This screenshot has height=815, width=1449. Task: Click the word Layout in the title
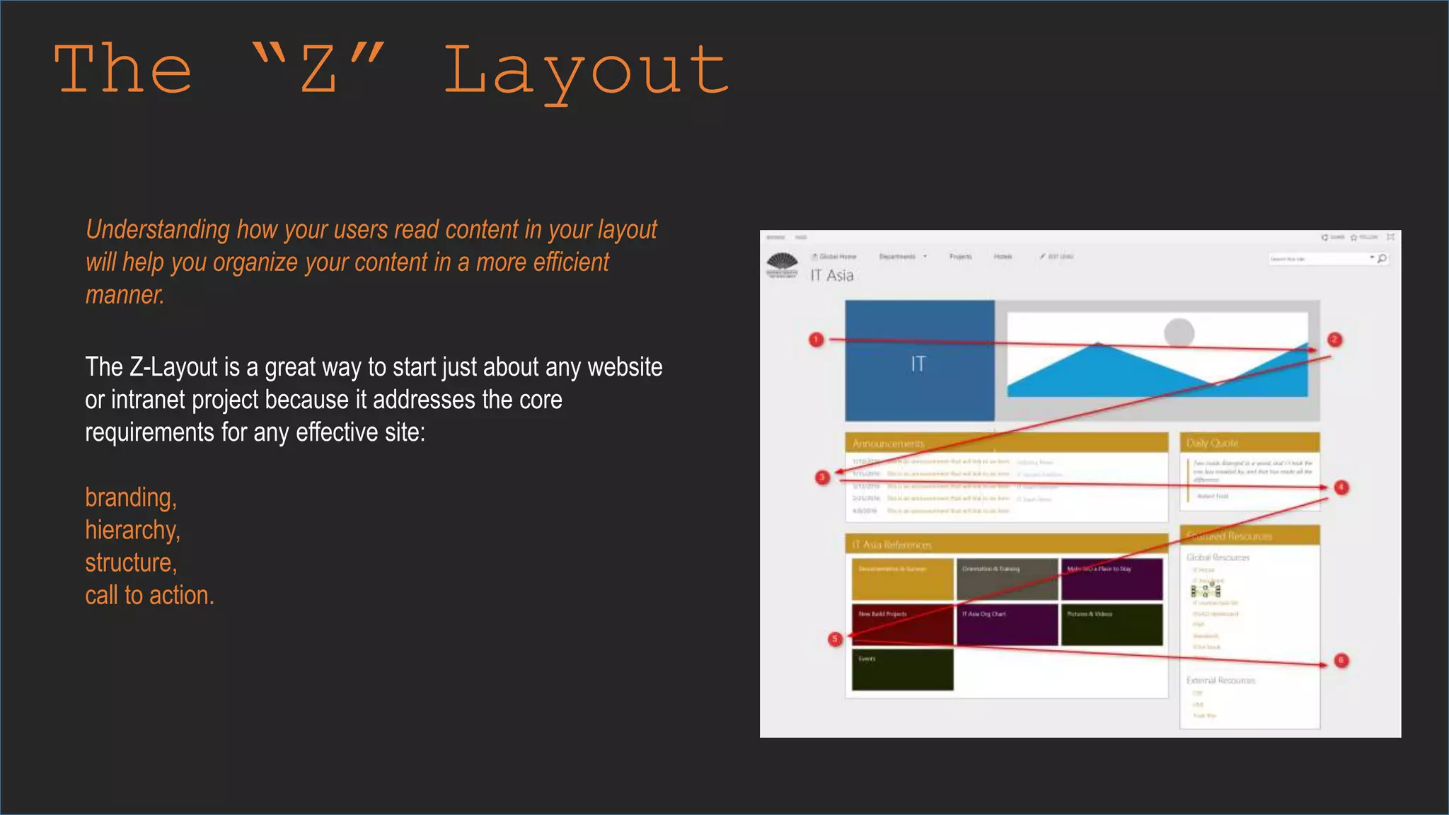[586, 71]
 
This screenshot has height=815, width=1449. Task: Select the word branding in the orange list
[130, 497]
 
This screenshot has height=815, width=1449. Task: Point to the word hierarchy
[132, 530]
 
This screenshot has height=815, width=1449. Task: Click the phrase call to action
[149, 595]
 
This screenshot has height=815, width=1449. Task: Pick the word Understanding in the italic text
[157, 230]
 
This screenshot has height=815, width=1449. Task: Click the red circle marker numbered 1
[816, 340]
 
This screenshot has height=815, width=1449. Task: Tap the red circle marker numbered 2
[1334, 340]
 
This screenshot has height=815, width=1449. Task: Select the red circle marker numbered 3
[822, 478]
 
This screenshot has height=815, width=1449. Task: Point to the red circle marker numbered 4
[1341, 487]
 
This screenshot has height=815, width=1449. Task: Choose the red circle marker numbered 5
[835, 639]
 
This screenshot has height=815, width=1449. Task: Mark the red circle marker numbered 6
[1341, 661]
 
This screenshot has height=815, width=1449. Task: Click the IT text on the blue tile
[918, 364]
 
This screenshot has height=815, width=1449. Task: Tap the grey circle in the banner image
[1179, 332]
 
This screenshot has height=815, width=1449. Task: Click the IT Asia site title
[832, 275]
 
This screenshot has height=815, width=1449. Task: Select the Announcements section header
[889, 444]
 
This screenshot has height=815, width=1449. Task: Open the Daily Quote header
[1213, 444]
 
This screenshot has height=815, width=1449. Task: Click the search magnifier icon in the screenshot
[1382, 259]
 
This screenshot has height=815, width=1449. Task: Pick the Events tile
[902, 669]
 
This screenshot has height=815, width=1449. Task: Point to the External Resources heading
[1220, 681]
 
